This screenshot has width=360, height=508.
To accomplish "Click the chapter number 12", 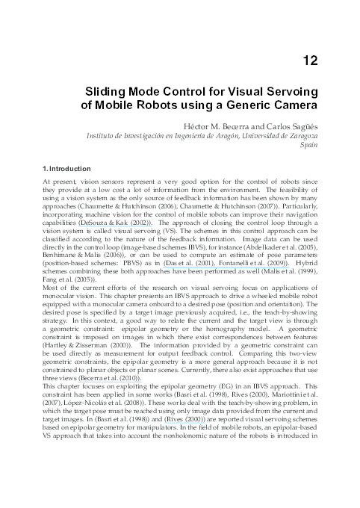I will [310, 61].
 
